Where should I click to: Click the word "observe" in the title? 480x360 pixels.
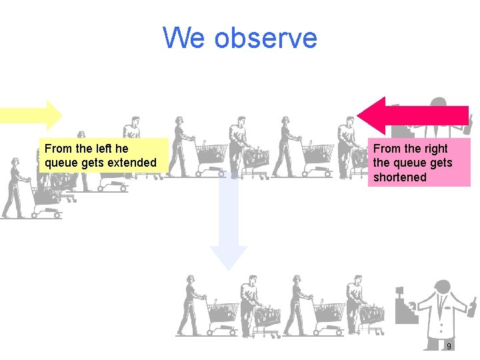point(266,38)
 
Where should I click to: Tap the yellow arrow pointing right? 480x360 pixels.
point(31,115)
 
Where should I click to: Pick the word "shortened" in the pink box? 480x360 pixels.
point(399,177)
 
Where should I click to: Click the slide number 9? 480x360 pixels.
point(449,347)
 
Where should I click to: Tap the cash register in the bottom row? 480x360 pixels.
point(405,307)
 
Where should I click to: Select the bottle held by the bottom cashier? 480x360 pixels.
point(471,307)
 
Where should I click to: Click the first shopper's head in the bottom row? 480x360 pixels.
point(191,279)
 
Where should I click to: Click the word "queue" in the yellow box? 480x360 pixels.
point(61,163)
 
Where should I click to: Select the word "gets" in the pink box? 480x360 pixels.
point(441,163)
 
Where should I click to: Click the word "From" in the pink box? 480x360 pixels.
point(387,149)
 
